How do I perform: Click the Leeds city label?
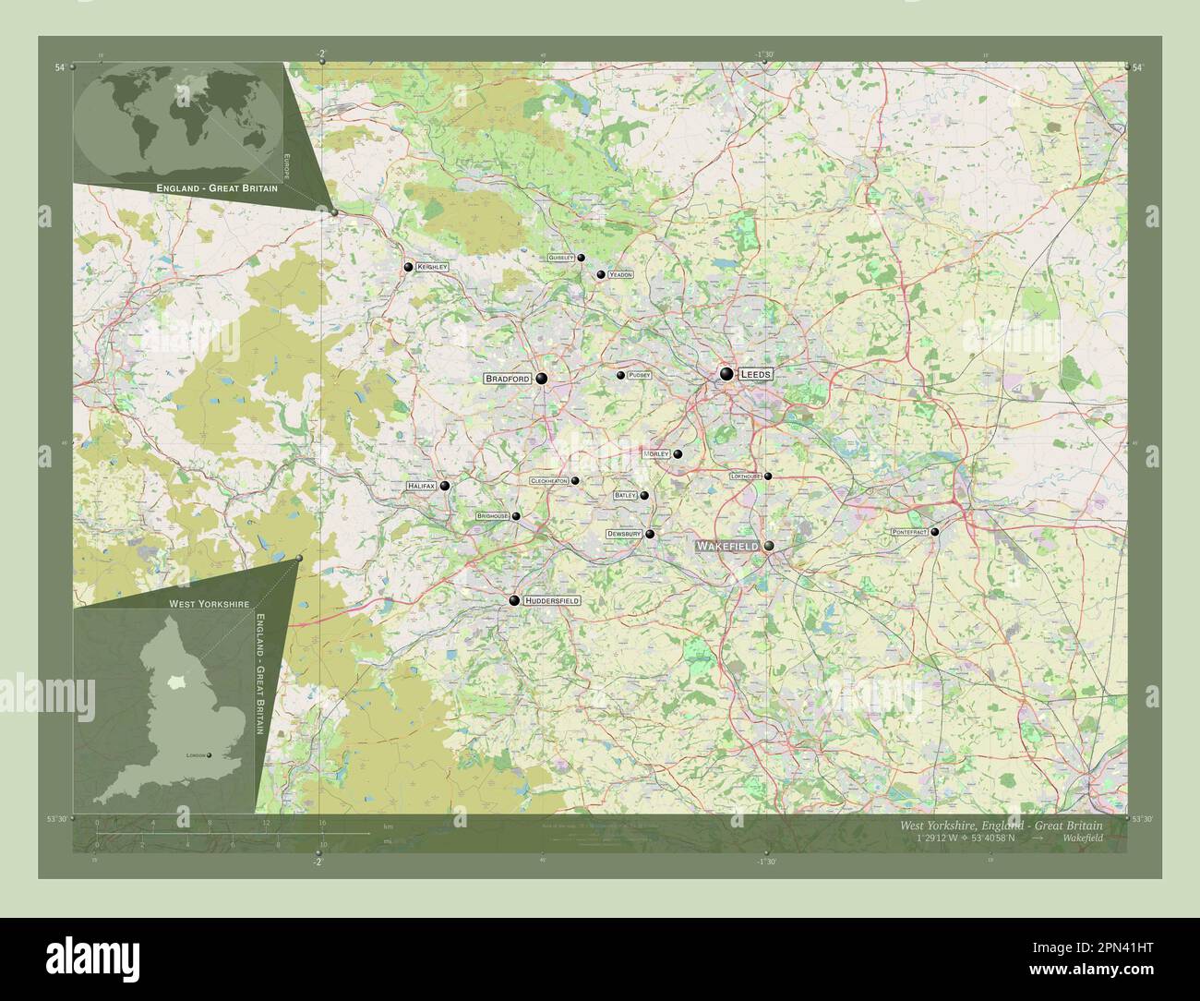[x=755, y=374]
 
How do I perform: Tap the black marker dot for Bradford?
[x=541, y=378]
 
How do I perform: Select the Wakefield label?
[x=727, y=547]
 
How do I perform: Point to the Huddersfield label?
[x=552, y=600]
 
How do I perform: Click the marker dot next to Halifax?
[x=444, y=486]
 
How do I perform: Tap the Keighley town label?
[x=431, y=267]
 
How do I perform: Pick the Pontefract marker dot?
[x=934, y=532]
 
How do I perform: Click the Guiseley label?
[x=560, y=258]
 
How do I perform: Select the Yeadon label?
[x=620, y=275]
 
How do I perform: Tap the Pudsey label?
[x=639, y=375]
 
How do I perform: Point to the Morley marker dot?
[x=678, y=454]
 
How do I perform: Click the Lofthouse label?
[x=745, y=476]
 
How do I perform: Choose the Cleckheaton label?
[x=548, y=481]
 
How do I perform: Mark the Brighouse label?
[x=492, y=516]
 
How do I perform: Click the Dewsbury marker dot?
[x=650, y=534]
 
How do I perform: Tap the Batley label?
[x=625, y=496]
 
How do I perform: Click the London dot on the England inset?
[x=210, y=755]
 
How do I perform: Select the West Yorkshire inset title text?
[x=209, y=603]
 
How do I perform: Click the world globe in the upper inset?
[x=178, y=119]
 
